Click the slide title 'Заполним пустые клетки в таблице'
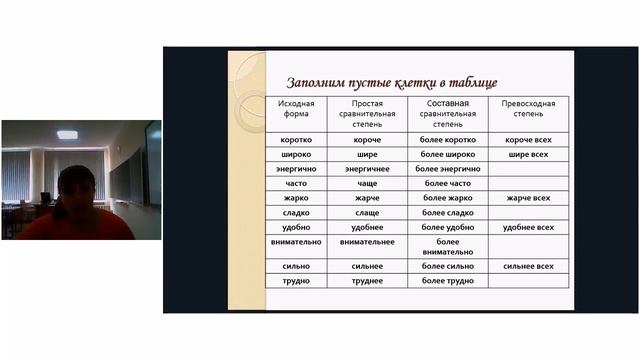[391, 82]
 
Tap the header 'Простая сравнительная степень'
[374, 114]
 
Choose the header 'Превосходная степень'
[528, 108]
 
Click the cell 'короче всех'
[528, 140]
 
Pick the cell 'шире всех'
[528, 155]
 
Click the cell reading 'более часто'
[447, 184]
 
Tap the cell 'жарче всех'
[528, 198]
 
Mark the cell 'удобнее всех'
[528, 227]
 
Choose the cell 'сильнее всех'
[528, 266]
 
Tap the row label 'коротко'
[296, 140]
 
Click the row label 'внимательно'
[296, 242]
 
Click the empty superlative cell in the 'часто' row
[528, 184]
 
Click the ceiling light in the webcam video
[68, 134]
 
